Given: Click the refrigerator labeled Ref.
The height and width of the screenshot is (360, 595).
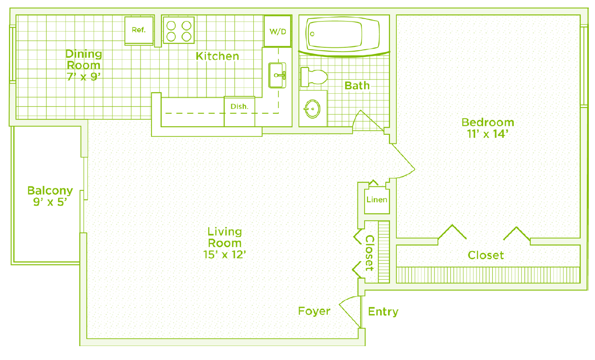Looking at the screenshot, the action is pos(139,31).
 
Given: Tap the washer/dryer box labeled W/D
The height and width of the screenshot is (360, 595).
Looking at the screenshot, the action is pos(278,31).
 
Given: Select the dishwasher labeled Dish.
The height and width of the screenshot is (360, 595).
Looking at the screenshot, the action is pos(239,111).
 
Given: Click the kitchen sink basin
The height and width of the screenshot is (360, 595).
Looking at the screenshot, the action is pos(277,75).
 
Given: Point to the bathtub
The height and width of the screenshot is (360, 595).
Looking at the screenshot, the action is pos(343,34).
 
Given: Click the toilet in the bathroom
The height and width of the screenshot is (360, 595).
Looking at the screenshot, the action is pos(314,77).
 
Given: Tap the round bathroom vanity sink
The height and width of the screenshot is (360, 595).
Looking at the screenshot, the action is pos(312,109).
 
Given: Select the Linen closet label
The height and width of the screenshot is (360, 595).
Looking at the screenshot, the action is pos(377,199).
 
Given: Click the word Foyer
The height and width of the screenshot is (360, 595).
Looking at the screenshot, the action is pos(314,311).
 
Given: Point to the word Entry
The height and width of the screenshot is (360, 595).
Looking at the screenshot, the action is pos(383,312).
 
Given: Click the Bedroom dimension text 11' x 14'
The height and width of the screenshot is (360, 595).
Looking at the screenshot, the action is pos(487,134).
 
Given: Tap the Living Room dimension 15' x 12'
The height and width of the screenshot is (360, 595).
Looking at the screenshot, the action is pos(225,254).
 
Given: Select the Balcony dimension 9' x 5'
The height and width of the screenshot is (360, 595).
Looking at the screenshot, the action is pos(50,202).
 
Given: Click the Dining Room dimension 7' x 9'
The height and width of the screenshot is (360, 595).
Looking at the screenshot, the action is pos(84,76).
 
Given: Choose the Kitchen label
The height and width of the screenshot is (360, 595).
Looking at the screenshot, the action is pos(217,56).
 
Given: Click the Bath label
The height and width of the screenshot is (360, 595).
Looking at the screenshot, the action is pos(357,86).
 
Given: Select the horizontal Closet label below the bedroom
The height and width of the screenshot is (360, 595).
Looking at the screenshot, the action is pos(486,255).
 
